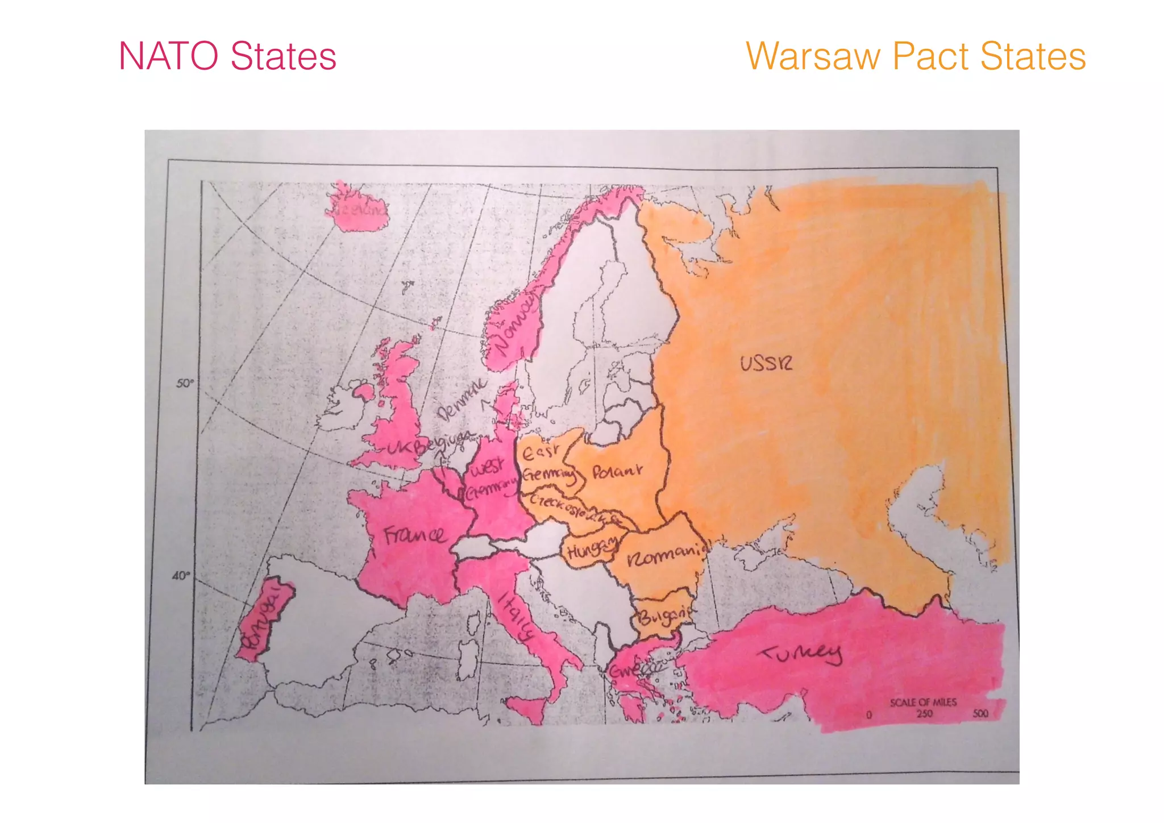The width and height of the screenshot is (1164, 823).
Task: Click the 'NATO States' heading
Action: click(227, 56)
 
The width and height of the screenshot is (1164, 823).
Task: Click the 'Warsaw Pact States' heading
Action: click(916, 56)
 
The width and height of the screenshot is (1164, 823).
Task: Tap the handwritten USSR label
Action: click(766, 363)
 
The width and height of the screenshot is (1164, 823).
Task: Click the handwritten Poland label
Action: click(617, 472)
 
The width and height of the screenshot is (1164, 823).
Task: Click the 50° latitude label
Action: click(184, 384)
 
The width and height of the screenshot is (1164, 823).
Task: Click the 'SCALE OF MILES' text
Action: click(923, 703)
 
